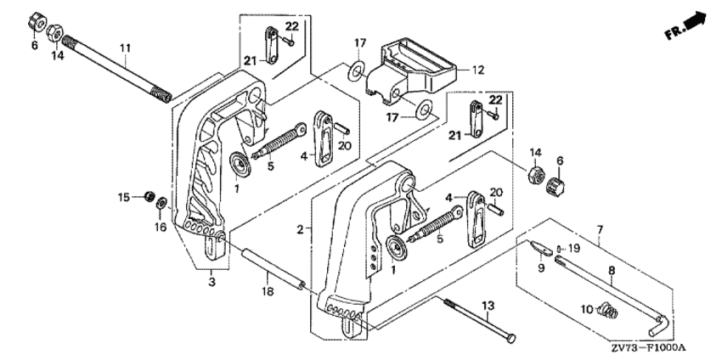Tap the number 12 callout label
(x=477, y=70)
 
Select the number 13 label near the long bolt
(x=488, y=305)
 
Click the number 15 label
(x=124, y=197)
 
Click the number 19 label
(x=573, y=248)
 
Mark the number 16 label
(x=160, y=227)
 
